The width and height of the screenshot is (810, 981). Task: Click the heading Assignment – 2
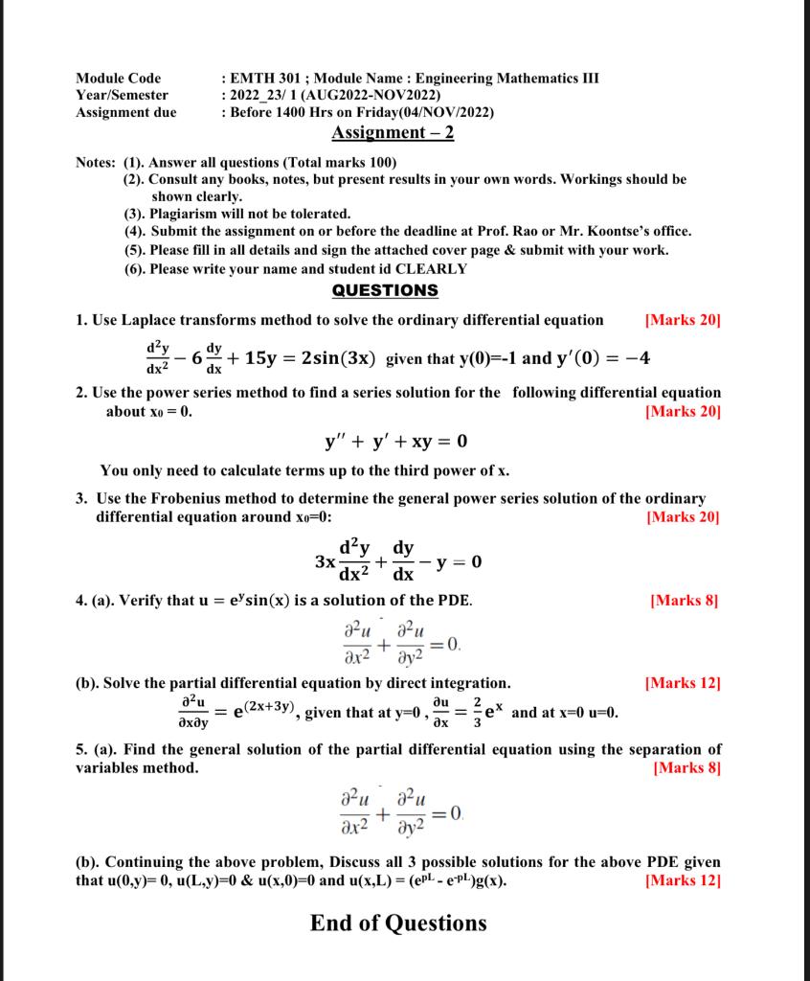(x=392, y=132)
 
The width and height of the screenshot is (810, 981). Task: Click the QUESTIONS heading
(x=385, y=290)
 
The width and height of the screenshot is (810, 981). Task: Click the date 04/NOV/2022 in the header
(x=443, y=112)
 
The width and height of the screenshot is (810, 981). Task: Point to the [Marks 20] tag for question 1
(x=684, y=320)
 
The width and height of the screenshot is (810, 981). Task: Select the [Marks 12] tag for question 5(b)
(x=684, y=880)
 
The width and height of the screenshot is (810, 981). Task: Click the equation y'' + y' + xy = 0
(x=395, y=442)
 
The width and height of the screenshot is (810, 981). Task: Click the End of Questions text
(x=398, y=924)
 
